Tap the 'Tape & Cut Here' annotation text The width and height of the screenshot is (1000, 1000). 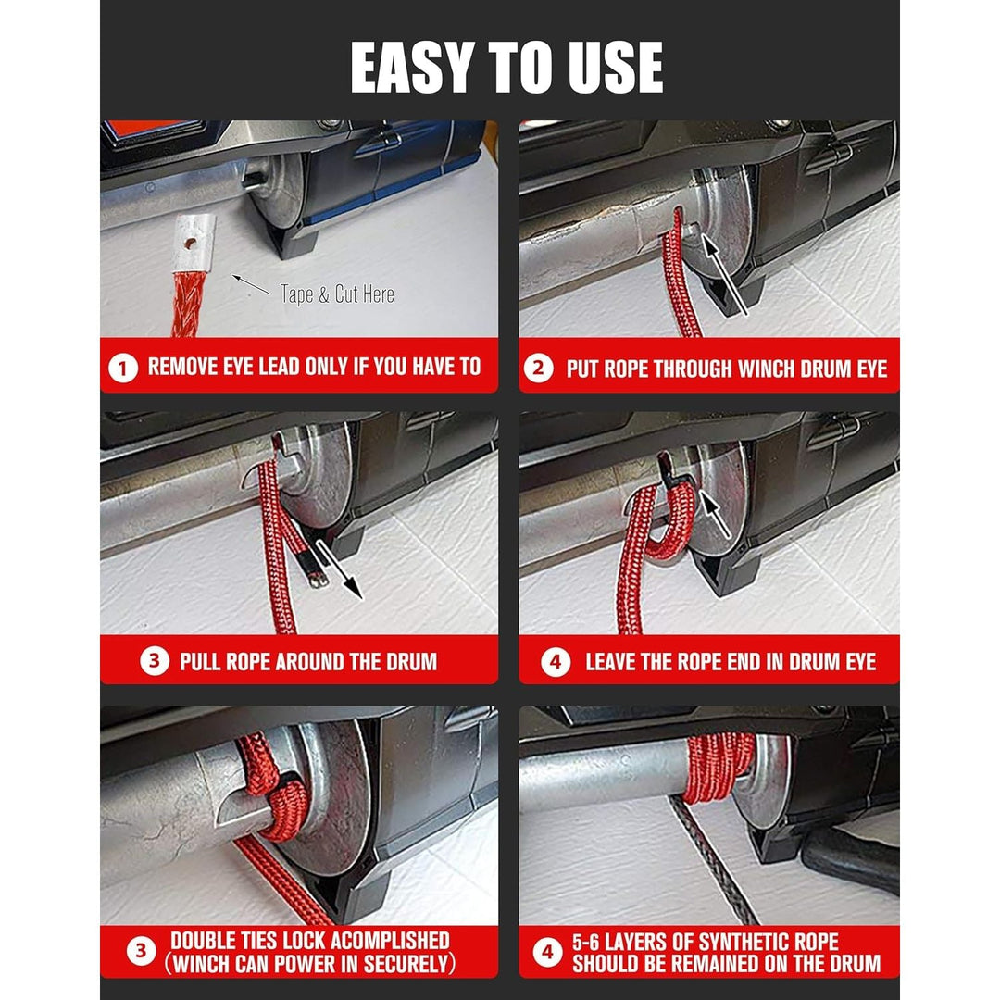click(337, 294)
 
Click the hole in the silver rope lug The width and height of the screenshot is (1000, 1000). click(191, 243)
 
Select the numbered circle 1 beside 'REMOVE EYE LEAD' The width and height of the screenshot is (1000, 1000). click(123, 368)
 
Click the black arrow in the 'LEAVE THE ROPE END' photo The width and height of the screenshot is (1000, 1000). click(715, 513)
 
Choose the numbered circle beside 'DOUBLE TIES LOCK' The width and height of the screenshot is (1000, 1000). click(141, 951)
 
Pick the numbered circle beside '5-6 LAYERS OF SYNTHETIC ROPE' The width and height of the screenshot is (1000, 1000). click(548, 952)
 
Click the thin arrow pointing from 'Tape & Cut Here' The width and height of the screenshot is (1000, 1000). click(251, 284)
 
